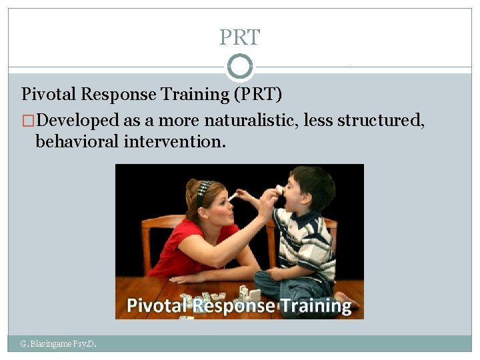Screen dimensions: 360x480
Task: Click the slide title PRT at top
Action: tap(240, 37)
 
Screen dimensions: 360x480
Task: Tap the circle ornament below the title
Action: tap(240, 66)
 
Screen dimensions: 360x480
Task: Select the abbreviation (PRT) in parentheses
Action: tap(258, 94)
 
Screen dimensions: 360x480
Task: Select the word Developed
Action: tap(79, 121)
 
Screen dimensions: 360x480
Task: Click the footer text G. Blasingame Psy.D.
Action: tap(59, 344)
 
